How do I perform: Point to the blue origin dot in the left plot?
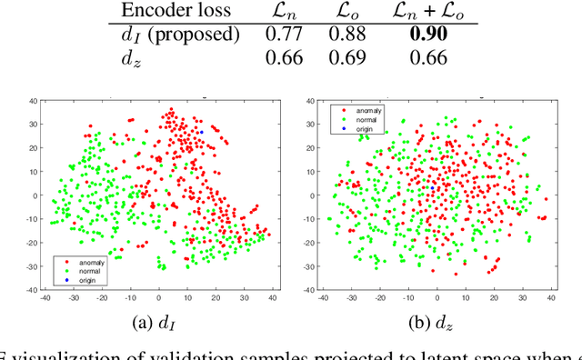201,132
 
